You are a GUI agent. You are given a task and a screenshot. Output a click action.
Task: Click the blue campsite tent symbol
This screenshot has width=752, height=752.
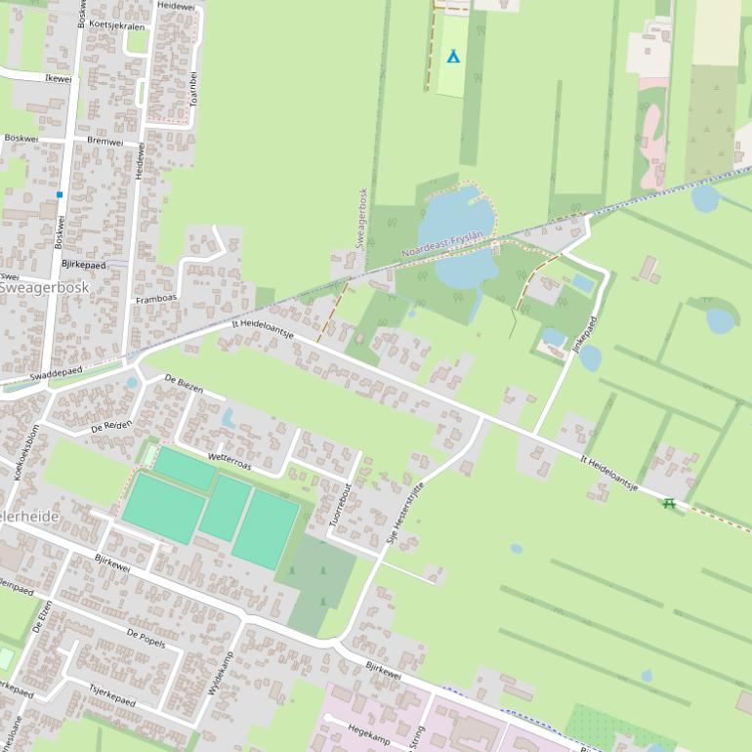point(452,57)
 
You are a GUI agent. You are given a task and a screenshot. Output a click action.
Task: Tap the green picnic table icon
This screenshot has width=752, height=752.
point(669,503)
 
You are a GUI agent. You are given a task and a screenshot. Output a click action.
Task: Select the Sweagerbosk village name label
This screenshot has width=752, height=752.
point(44,288)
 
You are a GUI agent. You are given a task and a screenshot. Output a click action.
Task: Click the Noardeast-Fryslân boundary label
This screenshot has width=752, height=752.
point(442,245)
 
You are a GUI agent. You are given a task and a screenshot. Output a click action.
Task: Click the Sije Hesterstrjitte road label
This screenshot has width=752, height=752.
point(406,512)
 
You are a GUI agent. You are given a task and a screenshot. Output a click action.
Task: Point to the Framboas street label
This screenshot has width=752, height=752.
point(155,300)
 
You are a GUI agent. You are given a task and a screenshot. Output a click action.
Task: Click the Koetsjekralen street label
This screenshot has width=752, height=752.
point(116,25)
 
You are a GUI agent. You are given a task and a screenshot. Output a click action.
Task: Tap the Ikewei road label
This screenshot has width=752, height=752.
point(59,78)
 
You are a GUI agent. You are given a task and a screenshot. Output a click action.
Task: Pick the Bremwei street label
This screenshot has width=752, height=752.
point(105,142)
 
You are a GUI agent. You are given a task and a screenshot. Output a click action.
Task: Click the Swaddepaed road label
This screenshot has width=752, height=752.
point(56,373)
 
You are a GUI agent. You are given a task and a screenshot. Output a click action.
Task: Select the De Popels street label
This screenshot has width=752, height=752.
point(146,638)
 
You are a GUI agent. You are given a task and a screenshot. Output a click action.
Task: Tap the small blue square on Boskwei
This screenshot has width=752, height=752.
point(60,194)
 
